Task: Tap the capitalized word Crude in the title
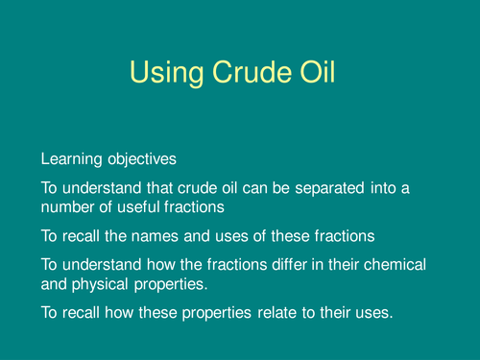point(252,72)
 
